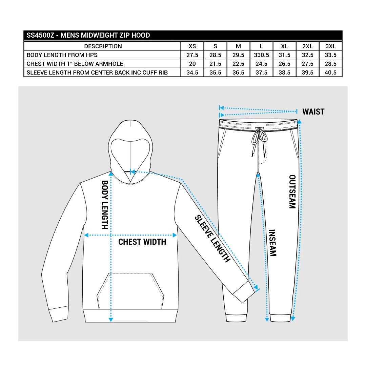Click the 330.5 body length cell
(261, 55)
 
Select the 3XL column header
(330, 46)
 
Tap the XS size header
(192, 46)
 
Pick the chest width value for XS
(192, 64)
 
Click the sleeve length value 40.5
(330, 73)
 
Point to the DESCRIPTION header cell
(103, 46)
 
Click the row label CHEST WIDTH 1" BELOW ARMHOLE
(75, 64)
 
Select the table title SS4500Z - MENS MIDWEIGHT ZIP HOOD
(88, 35)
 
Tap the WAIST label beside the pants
(313, 112)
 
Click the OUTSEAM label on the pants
(292, 191)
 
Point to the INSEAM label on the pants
(272, 243)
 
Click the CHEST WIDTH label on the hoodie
(142, 242)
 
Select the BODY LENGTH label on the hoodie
(105, 205)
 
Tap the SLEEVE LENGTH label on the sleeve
(212, 239)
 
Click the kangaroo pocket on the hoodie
(130, 291)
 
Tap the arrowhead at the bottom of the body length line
(111, 319)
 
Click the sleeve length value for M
(238, 73)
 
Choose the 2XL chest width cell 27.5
(307, 64)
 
